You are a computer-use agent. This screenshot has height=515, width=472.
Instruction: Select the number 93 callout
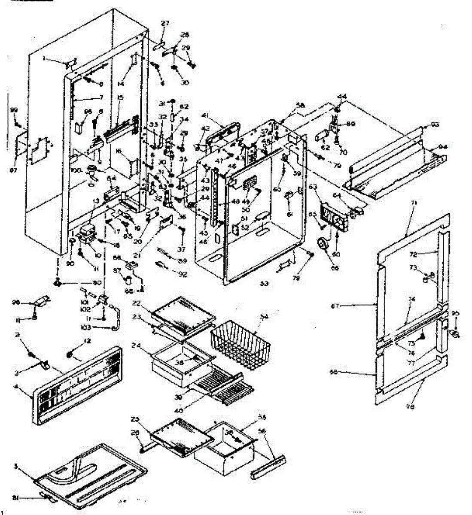[x=435, y=125]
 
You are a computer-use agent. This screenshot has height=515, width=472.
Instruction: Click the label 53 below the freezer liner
[x=264, y=284]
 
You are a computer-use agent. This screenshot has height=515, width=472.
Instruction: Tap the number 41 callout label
[x=205, y=115]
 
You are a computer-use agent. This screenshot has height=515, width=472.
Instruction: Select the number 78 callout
[x=410, y=407]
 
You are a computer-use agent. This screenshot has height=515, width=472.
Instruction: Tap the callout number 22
[x=137, y=303]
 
